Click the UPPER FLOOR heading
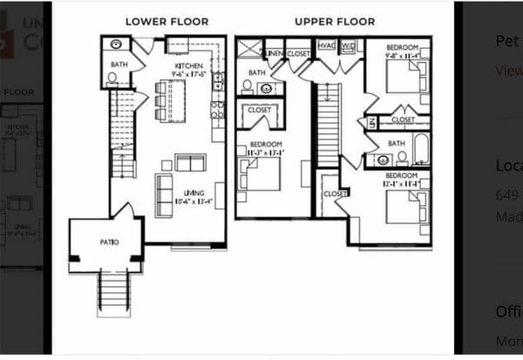point(335,21)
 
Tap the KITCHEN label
point(189,65)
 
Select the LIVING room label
point(193,193)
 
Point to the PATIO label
point(109,241)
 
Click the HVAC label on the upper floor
point(327,45)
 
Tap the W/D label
point(348,45)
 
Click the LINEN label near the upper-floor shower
point(274,54)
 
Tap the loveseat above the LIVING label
point(190,162)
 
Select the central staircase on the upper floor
point(327,126)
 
